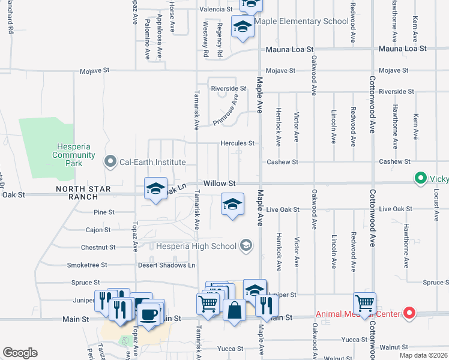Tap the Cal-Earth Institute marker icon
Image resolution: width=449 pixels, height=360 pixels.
[x=110, y=161]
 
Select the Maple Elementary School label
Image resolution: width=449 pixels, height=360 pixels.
[x=301, y=22]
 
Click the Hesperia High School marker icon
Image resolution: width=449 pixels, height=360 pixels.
[x=245, y=245]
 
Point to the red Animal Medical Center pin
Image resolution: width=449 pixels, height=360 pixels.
[x=410, y=313]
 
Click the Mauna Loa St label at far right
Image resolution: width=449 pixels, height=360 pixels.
[x=402, y=48]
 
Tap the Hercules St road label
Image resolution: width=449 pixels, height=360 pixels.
[x=238, y=143]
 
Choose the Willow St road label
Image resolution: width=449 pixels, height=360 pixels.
[x=221, y=182]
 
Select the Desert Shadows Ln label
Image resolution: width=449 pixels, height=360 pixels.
[x=167, y=265]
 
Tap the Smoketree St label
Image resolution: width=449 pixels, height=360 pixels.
[x=87, y=265]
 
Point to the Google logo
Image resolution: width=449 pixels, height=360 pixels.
[x=20, y=353]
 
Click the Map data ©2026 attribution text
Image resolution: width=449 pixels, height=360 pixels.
[x=423, y=355]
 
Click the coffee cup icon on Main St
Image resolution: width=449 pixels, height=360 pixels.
[x=148, y=313]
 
